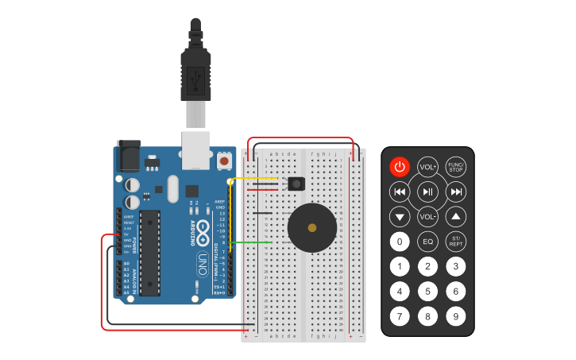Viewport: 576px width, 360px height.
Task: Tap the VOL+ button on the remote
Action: pyautogui.click(x=428, y=167)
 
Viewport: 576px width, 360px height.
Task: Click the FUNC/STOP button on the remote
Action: pyautogui.click(x=455, y=167)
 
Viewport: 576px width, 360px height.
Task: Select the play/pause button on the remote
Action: pyautogui.click(x=428, y=192)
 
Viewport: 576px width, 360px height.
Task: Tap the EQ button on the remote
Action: pyautogui.click(x=428, y=242)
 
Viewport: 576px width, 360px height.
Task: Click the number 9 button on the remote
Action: pyautogui.click(x=455, y=316)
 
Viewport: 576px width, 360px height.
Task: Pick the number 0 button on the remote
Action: pyautogui.click(x=400, y=242)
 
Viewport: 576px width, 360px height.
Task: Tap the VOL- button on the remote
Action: pyautogui.click(x=428, y=216)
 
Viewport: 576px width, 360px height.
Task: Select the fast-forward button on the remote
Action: pyautogui.click(x=456, y=192)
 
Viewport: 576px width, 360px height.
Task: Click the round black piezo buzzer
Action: pyautogui.click(x=311, y=227)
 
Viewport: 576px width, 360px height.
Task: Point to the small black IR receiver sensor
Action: pyautogui.click(x=296, y=184)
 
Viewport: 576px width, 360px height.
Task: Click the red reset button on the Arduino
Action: pyautogui.click(x=224, y=161)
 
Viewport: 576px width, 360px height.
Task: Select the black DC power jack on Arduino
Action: pyautogui.click(x=128, y=157)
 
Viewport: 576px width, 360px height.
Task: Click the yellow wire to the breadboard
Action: pyautogui.click(x=254, y=179)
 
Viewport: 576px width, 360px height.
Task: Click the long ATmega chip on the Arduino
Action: pyautogui.click(x=149, y=253)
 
